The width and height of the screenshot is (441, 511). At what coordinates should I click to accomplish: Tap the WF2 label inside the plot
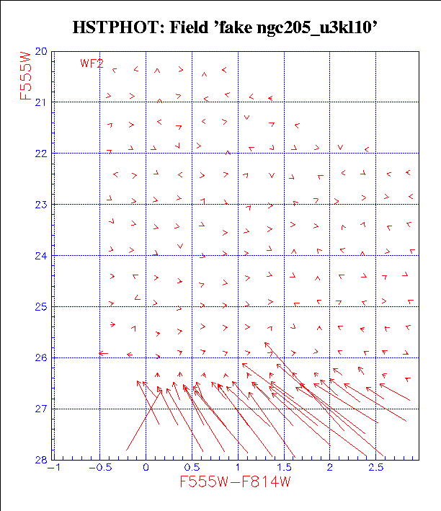[x=92, y=63]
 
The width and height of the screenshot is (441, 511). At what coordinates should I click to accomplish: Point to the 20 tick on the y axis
[x=41, y=52]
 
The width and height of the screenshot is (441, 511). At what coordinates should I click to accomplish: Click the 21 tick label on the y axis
[x=41, y=102]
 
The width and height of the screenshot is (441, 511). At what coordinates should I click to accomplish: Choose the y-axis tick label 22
[x=41, y=154]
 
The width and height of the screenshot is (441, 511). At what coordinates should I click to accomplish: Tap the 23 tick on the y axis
[x=41, y=205]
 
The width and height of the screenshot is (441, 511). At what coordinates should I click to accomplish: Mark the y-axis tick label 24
[x=41, y=256]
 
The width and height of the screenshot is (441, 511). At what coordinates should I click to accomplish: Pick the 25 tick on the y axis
[x=41, y=307]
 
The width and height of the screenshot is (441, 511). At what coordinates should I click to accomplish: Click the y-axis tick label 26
[x=41, y=358]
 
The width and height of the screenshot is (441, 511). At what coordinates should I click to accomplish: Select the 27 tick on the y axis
[x=41, y=409]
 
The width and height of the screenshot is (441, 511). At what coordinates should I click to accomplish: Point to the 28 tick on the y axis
[x=41, y=460]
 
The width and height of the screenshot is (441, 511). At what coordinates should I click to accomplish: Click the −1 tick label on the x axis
[x=52, y=468]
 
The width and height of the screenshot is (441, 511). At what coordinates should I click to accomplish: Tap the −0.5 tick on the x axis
[x=98, y=468]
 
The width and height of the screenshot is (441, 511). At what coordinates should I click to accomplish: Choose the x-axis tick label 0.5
[x=192, y=468]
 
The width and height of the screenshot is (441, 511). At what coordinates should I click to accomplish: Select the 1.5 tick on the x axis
[x=284, y=468]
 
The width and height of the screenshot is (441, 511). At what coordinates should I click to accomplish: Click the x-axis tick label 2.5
[x=376, y=468]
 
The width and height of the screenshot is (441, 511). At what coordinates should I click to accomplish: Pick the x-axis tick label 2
[x=330, y=468]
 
